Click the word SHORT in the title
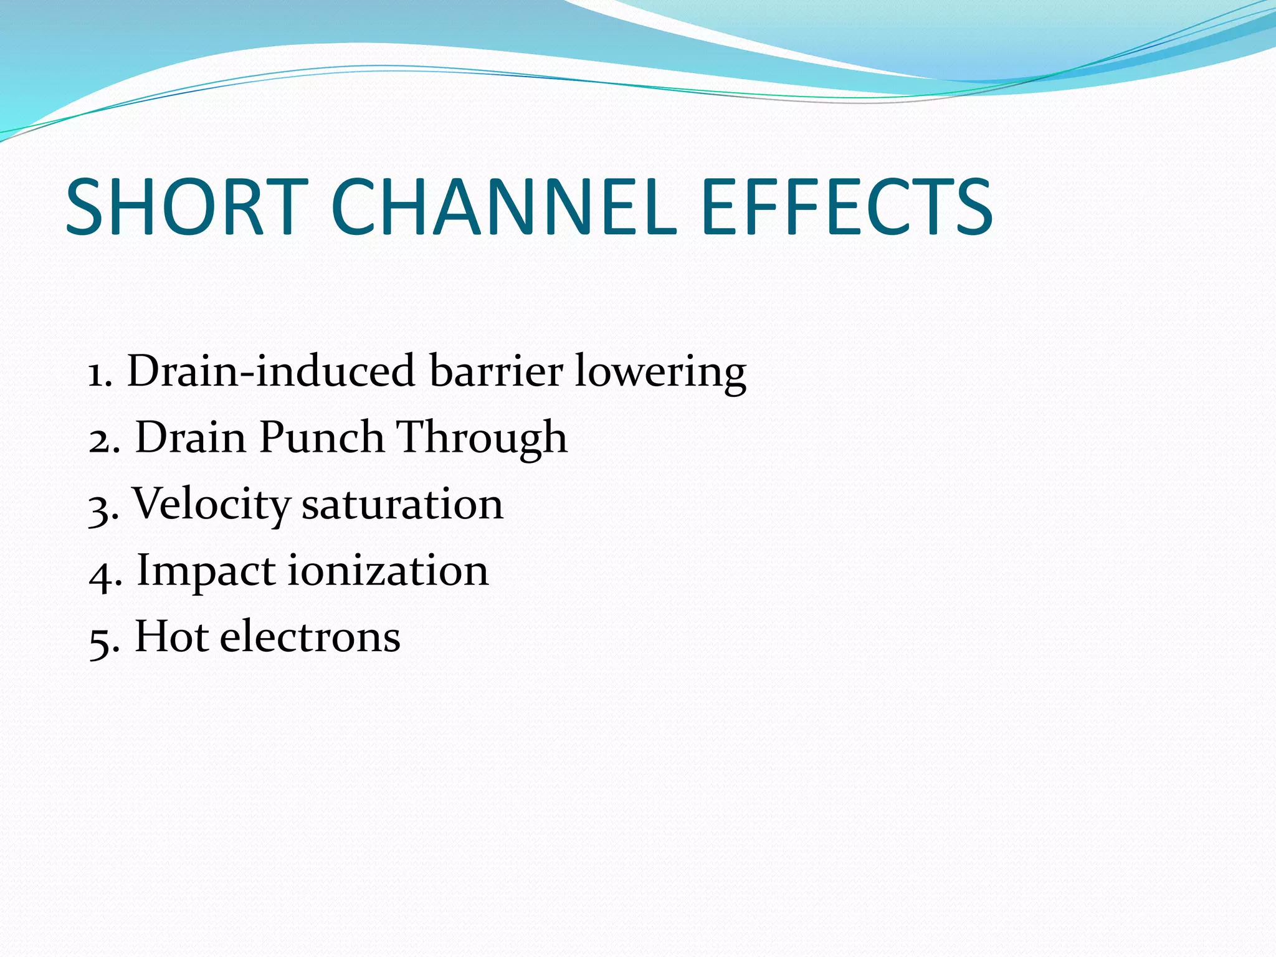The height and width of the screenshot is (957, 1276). tap(187, 207)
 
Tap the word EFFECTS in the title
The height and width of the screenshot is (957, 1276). tap(846, 207)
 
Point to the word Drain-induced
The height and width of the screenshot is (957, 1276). tap(271, 371)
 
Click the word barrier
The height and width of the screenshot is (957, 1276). tap(496, 371)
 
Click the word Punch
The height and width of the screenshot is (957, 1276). tap(321, 437)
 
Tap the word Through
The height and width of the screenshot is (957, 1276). tap(482, 439)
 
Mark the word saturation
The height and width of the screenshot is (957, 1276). tap(402, 505)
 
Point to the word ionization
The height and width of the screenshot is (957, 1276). tap(388, 571)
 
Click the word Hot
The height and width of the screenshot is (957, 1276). tap(171, 637)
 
